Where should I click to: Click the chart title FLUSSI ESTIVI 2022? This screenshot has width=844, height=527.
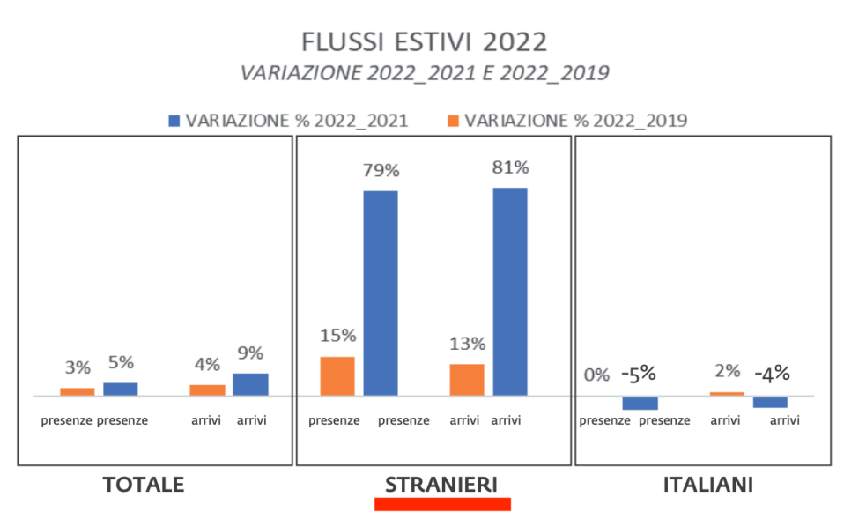(x=424, y=42)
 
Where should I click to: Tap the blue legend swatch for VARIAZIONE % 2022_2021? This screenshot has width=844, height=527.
(x=173, y=121)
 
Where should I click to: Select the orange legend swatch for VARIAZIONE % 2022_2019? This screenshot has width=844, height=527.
(x=452, y=121)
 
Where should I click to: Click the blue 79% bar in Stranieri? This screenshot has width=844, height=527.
(x=381, y=293)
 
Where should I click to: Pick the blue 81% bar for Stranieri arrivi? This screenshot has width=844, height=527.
(x=509, y=291)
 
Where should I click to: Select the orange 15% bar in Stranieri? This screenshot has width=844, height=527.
(x=337, y=375)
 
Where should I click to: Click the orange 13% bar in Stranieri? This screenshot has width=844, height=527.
(x=467, y=379)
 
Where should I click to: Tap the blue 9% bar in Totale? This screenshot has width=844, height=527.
(x=250, y=384)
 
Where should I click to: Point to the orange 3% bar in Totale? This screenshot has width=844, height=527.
(x=78, y=391)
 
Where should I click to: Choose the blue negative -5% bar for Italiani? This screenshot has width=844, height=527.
(x=640, y=403)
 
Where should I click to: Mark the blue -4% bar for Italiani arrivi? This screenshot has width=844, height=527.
(x=770, y=402)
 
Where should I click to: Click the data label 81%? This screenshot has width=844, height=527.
(x=510, y=167)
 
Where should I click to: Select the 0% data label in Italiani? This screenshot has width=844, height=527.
(x=596, y=375)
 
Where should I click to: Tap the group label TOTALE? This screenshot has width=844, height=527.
(x=144, y=485)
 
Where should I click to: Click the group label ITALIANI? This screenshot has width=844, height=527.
(x=707, y=485)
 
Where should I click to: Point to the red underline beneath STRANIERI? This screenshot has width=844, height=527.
(x=442, y=504)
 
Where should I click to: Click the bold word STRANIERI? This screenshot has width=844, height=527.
(x=441, y=485)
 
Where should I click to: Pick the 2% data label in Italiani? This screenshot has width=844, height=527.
(x=727, y=371)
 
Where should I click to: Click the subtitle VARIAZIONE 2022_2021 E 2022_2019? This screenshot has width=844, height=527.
(x=424, y=73)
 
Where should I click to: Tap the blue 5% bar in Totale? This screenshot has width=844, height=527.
(x=121, y=389)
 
